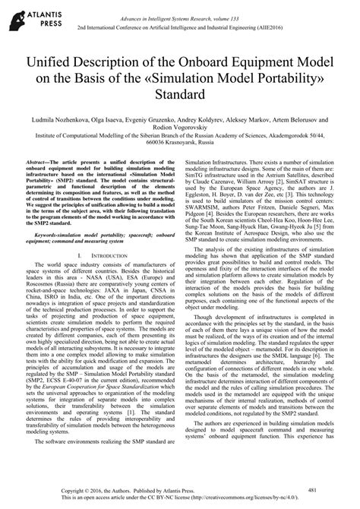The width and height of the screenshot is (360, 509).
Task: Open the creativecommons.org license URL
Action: tap(263, 500)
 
